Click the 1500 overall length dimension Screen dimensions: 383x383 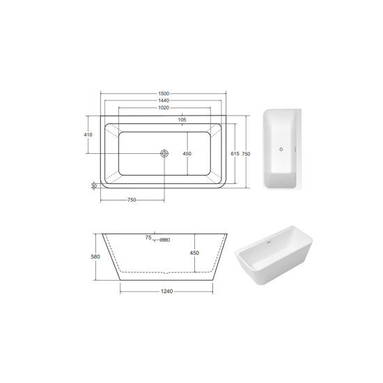click(x=164, y=93)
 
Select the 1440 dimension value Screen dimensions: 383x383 click(x=164, y=101)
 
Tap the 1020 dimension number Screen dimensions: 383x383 click(x=164, y=108)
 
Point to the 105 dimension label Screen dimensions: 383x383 click(x=182, y=120)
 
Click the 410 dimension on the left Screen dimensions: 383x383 click(x=88, y=134)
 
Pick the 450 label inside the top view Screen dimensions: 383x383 click(x=187, y=154)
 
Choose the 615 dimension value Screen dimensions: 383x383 click(x=235, y=154)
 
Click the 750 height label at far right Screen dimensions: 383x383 click(x=246, y=154)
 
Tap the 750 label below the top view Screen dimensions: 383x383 click(x=132, y=200)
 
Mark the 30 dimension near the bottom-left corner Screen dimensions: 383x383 click(x=94, y=186)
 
